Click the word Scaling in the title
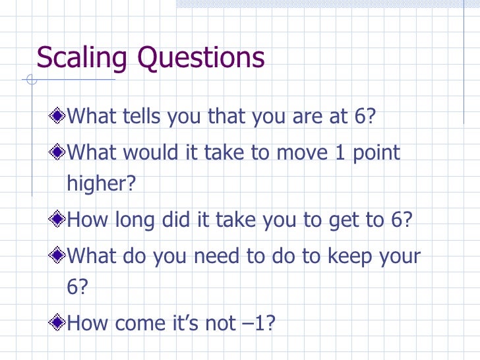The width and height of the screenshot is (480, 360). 82,58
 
